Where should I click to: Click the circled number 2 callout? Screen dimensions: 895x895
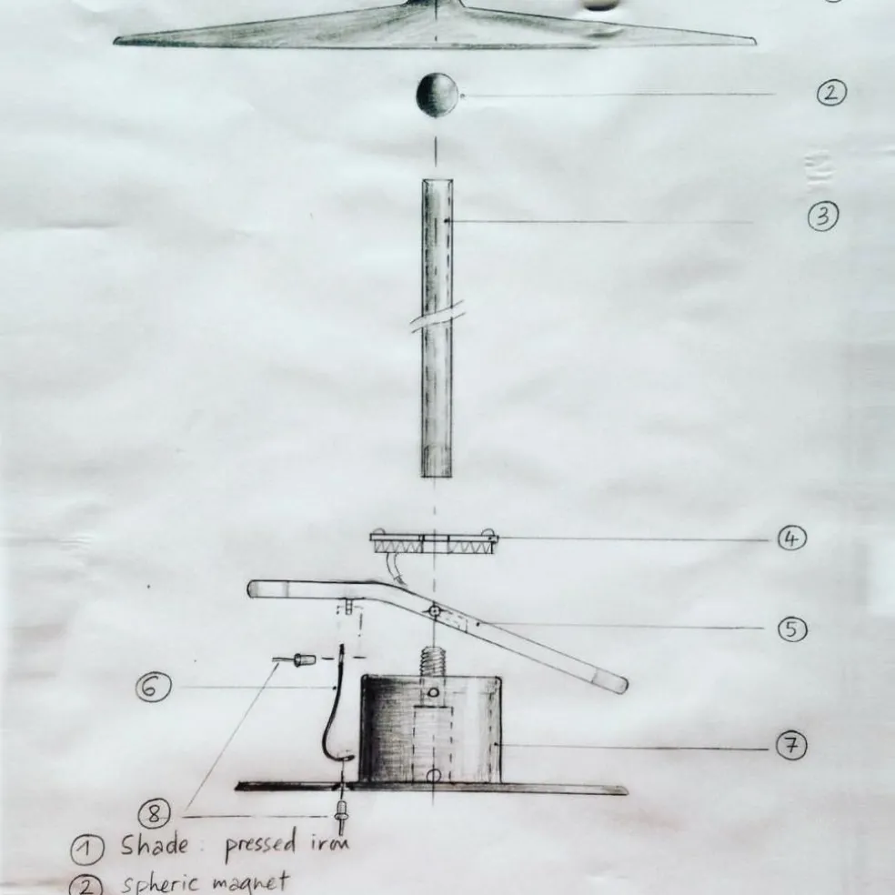830,94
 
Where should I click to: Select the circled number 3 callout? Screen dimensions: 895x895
822,216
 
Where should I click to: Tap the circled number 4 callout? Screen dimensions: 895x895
792,538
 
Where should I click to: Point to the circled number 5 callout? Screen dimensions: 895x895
792,628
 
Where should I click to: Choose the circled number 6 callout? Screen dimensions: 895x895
152,689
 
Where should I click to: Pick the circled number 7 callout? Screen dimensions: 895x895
791,746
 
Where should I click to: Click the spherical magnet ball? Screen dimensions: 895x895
437,94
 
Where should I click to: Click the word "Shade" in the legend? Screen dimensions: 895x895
155,846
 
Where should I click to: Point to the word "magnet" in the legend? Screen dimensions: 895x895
251,882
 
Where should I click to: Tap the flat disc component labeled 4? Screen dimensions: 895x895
434,544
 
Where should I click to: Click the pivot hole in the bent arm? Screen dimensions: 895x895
435,610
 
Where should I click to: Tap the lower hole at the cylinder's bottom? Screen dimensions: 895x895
434,776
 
